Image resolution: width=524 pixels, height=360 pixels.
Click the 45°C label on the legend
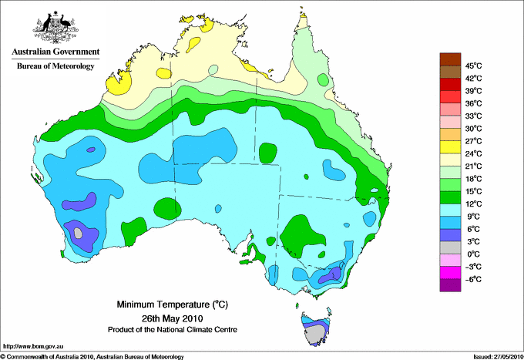tap(474, 66)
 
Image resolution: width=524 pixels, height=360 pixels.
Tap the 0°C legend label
tap(474, 254)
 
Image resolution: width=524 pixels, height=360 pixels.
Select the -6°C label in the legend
tap(473, 279)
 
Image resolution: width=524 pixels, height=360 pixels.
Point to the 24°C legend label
tap(474, 153)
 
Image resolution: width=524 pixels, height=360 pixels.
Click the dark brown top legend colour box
tap(450, 59)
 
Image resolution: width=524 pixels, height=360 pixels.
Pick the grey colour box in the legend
tap(450, 247)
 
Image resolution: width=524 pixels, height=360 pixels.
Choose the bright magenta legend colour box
tap(450, 272)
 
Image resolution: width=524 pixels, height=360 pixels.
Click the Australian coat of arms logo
tap(55, 27)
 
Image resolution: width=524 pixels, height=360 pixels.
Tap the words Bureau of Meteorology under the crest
tap(55, 66)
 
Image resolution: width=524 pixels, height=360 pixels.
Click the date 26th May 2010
tap(172, 318)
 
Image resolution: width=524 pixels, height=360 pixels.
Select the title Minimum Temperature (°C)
tap(172, 304)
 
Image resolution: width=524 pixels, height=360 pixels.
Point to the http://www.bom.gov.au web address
tap(33, 347)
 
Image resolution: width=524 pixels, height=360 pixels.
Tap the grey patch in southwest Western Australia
tap(78, 233)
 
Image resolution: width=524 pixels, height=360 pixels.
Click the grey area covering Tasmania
tap(315, 335)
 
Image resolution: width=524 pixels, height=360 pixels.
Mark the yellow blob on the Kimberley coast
tap(119, 83)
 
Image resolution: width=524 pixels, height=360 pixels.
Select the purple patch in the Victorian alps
tap(331, 275)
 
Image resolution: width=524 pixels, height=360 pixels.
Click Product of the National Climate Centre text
tap(173, 330)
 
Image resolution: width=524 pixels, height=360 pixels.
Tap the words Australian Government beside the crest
tap(55, 52)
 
